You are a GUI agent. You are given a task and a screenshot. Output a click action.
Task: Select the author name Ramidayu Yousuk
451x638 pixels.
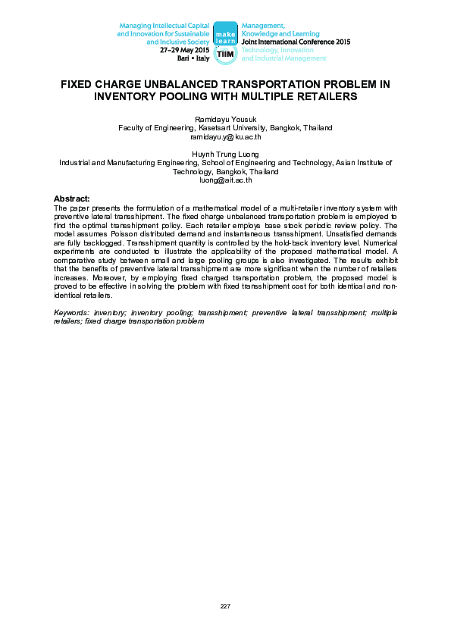click(225, 120)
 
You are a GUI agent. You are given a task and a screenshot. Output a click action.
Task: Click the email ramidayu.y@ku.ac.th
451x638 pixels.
click(225, 137)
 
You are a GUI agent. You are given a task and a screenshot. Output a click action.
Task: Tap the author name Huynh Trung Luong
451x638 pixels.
click(225, 154)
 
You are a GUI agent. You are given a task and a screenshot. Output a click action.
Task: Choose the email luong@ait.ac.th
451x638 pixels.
click(225, 180)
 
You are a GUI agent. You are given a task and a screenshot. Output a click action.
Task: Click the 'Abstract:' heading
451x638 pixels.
click(71, 198)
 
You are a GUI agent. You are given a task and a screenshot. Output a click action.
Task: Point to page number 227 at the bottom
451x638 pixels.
click(225, 606)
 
